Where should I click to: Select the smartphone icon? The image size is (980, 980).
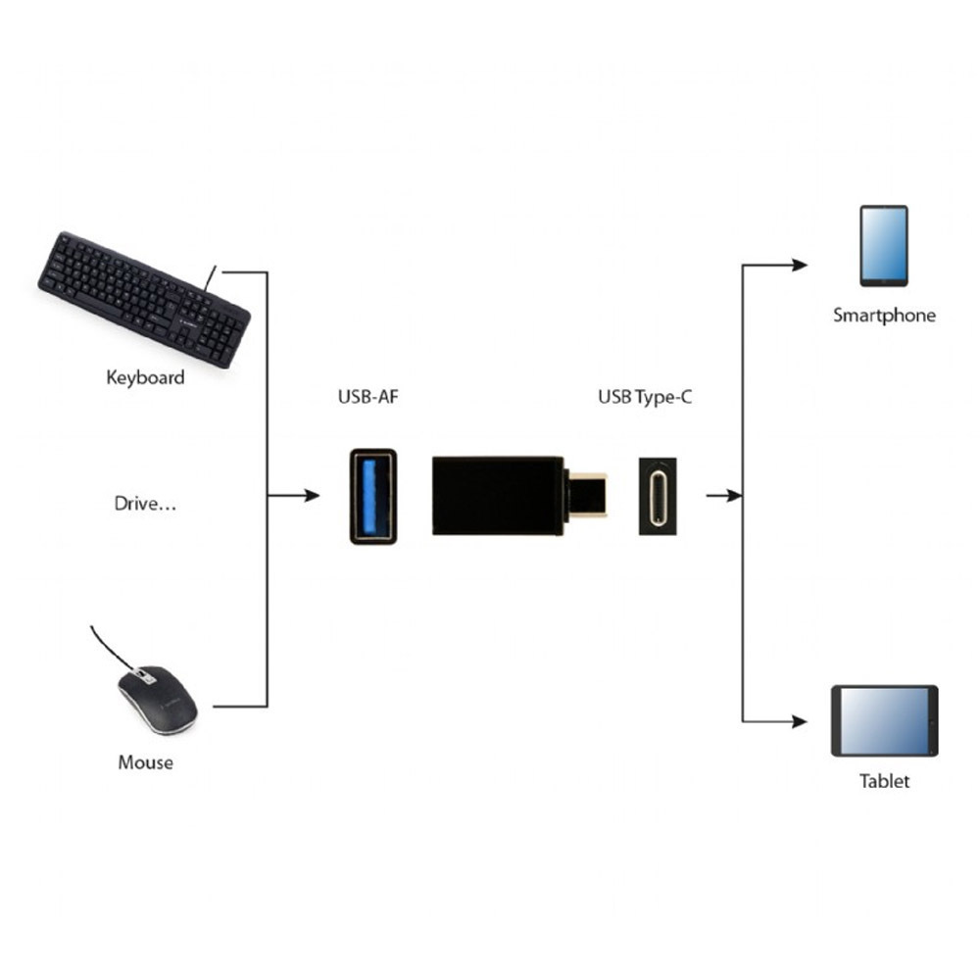pyautogui.click(x=883, y=245)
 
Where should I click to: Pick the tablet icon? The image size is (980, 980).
pyautogui.click(x=884, y=720)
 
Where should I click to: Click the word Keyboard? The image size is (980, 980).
pyautogui.click(x=145, y=377)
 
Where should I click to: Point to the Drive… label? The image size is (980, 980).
pyautogui.click(x=146, y=505)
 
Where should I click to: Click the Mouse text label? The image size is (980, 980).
pyautogui.click(x=145, y=761)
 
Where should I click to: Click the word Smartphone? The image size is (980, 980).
pyautogui.click(x=884, y=316)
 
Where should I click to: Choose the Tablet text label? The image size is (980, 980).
pyautogui.click(x=884, y=781)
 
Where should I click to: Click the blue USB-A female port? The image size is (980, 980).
pyautogui.click(x=372, y=496)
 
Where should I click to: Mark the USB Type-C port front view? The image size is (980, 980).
pyautogui.click(x=660, y=496)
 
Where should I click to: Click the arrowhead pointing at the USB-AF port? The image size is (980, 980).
pyautogui.click(x=312, y=496)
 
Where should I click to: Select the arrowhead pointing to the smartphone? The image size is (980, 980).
pyautogui.click(x=800, y=265)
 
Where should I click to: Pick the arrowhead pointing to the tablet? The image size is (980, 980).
pyautogui.click(x=800, y=722)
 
